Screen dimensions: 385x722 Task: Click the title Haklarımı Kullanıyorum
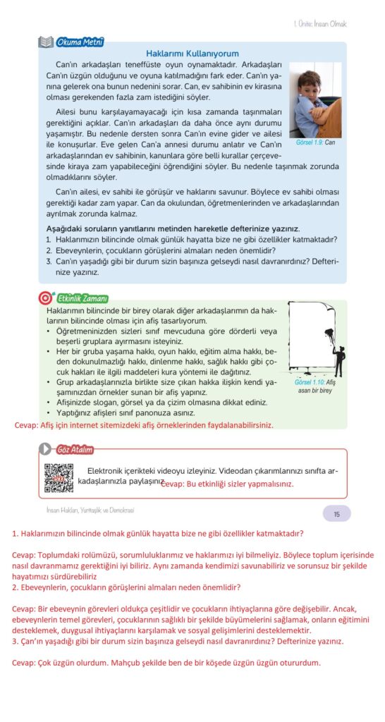(x=192, y=54)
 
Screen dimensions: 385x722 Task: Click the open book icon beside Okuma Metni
(x=46, y=42)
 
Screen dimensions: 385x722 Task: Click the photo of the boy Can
(x=315, y=100)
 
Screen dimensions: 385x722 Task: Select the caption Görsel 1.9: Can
(x=315, y=142)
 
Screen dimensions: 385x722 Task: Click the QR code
(x=59, y=479)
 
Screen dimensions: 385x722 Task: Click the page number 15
(x=336, y=514)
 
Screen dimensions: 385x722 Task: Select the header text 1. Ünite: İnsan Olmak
(x=319, y=24)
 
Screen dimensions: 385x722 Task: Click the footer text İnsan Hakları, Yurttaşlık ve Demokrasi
(x=90, y=510)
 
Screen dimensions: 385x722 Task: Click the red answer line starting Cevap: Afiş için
(x=144, y=425)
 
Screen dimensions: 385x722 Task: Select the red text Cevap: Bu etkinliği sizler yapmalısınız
(x=228, y=484)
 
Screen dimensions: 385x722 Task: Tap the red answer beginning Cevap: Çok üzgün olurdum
(x=166, y=663)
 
